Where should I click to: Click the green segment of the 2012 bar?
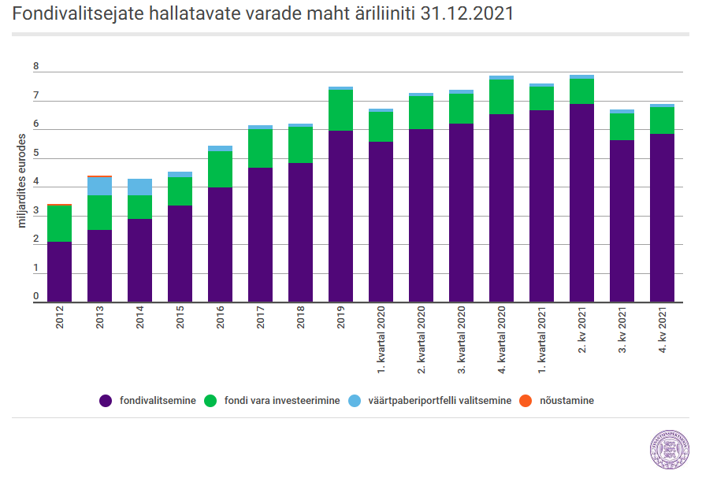[60, 224]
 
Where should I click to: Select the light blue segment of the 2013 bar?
[99, 186]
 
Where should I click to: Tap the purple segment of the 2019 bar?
[340, 217]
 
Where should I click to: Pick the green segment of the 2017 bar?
[260, 149]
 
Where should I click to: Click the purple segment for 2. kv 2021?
[581, 203]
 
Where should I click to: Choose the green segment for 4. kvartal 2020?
[501, 97]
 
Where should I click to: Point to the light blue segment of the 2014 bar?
[139, 187]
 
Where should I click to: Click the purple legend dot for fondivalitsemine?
[106, 401]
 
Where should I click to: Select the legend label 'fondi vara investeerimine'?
[282, 401]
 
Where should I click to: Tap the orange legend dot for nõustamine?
[526, 401]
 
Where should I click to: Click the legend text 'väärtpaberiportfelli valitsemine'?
[440, 401]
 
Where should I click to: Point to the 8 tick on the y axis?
[35, 66]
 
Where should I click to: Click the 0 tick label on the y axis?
[35, 296]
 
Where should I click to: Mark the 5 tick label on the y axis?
[35, 153]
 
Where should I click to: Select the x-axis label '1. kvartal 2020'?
[381, 339]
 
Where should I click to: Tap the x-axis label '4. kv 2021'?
[663, 330]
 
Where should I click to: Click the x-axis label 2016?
[220, 317]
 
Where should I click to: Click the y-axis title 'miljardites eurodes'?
[21, 181]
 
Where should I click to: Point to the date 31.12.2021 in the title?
[467, 13]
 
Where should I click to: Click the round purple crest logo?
[670, 450]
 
